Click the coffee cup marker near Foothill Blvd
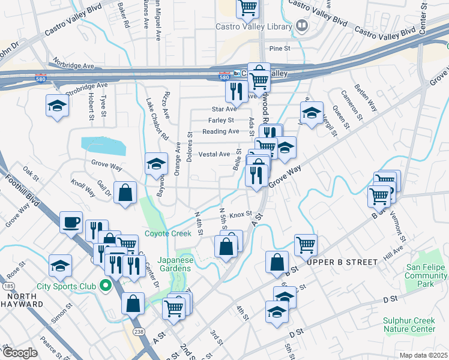[71, 223]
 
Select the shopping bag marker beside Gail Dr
[125, 193]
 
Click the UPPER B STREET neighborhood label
[342, 262]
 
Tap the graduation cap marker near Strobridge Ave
[57, 106]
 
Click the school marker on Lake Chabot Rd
[156, 163]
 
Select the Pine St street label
[280, 48]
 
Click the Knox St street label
[240, 214]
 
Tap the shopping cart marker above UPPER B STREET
[306, 244]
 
